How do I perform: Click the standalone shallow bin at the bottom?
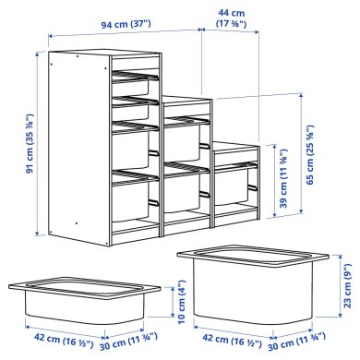click(72, 297)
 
